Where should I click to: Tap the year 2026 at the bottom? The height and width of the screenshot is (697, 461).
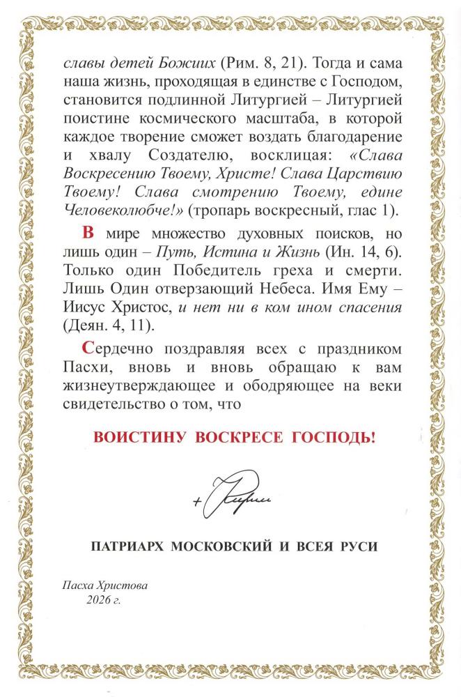[100, 599]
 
